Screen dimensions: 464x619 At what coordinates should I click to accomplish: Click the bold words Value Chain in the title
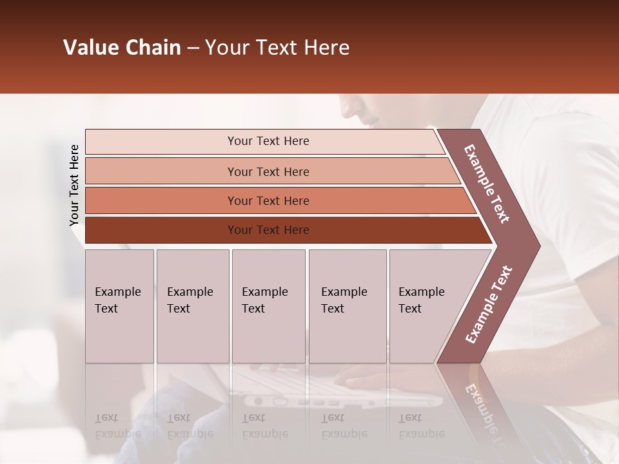tap(122, 48)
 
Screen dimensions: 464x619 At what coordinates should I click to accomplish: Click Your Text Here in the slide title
tap(277, 48)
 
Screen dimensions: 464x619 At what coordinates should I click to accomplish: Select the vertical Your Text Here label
tap(74, 185)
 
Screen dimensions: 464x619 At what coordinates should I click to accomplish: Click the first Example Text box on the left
tap(119, 306)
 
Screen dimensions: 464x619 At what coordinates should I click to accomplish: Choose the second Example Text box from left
tap(192, 306)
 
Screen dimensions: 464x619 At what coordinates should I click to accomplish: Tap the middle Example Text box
tap(268, 306)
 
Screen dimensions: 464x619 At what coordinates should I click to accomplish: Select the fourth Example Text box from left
tap(348, 306)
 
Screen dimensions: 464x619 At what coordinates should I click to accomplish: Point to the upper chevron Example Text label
tap(487, 184)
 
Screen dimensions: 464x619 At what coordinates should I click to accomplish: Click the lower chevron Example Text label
tap(489, 305)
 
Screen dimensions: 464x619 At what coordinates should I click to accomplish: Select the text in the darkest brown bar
tap(268, 230)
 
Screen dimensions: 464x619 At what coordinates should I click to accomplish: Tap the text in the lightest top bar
tap(268, 141)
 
